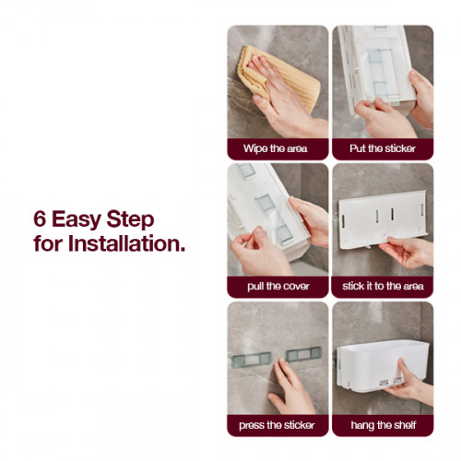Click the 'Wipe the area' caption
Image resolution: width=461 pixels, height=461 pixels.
[276, 148]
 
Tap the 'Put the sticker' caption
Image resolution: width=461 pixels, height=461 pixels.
[381, 148]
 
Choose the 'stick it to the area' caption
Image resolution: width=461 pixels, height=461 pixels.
[383, 287]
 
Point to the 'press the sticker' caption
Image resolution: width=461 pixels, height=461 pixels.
[276, 425]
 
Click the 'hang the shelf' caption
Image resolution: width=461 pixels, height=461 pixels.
[382, 425]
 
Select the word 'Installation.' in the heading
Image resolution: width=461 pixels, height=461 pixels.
[124, 246]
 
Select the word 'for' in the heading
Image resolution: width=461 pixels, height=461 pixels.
[46, 246]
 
